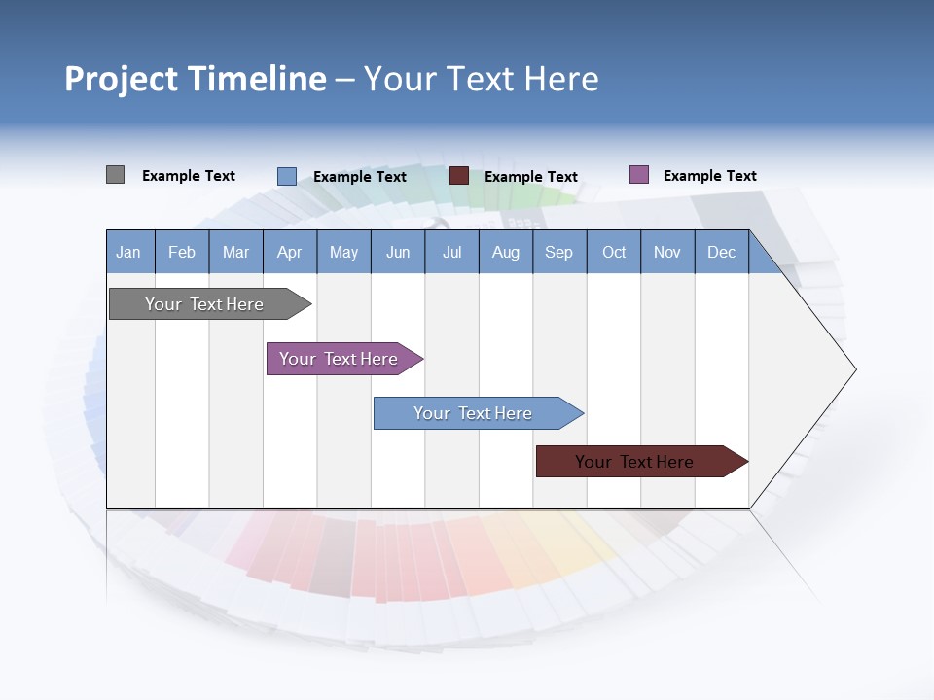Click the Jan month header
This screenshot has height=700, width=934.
click(129, 252)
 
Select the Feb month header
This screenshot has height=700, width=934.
click(182, 252)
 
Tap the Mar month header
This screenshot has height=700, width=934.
click(235, 252)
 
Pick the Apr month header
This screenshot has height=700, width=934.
click(290, 252)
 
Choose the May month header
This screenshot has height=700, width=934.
click(343, 252)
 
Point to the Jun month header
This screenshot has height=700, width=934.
click(398, 252)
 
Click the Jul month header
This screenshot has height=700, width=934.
click(451, 252)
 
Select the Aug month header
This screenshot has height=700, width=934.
click(506, 252)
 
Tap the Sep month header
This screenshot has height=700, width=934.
click(559, 252)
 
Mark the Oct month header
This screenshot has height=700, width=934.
click(614, 252)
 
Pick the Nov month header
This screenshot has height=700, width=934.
click(667, 252)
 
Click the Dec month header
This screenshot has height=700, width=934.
click(722, 252)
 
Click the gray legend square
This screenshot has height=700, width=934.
click(115, 175)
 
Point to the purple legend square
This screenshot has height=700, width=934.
click(639, 175)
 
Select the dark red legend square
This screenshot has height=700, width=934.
click(459, 176)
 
